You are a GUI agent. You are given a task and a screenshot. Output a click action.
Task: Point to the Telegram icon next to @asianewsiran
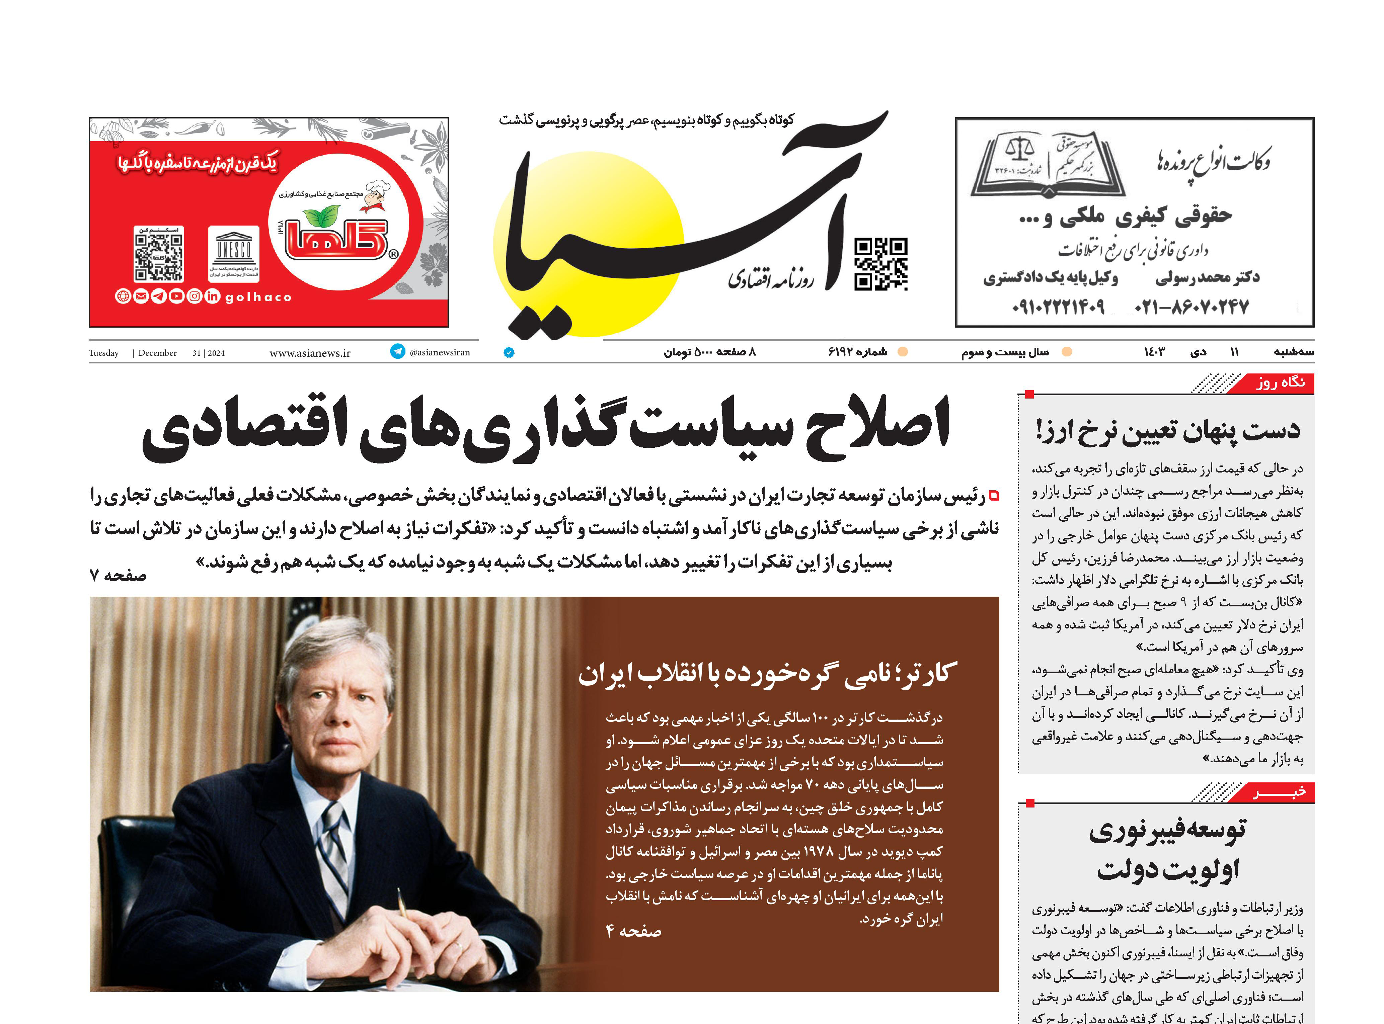(397, 351)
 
